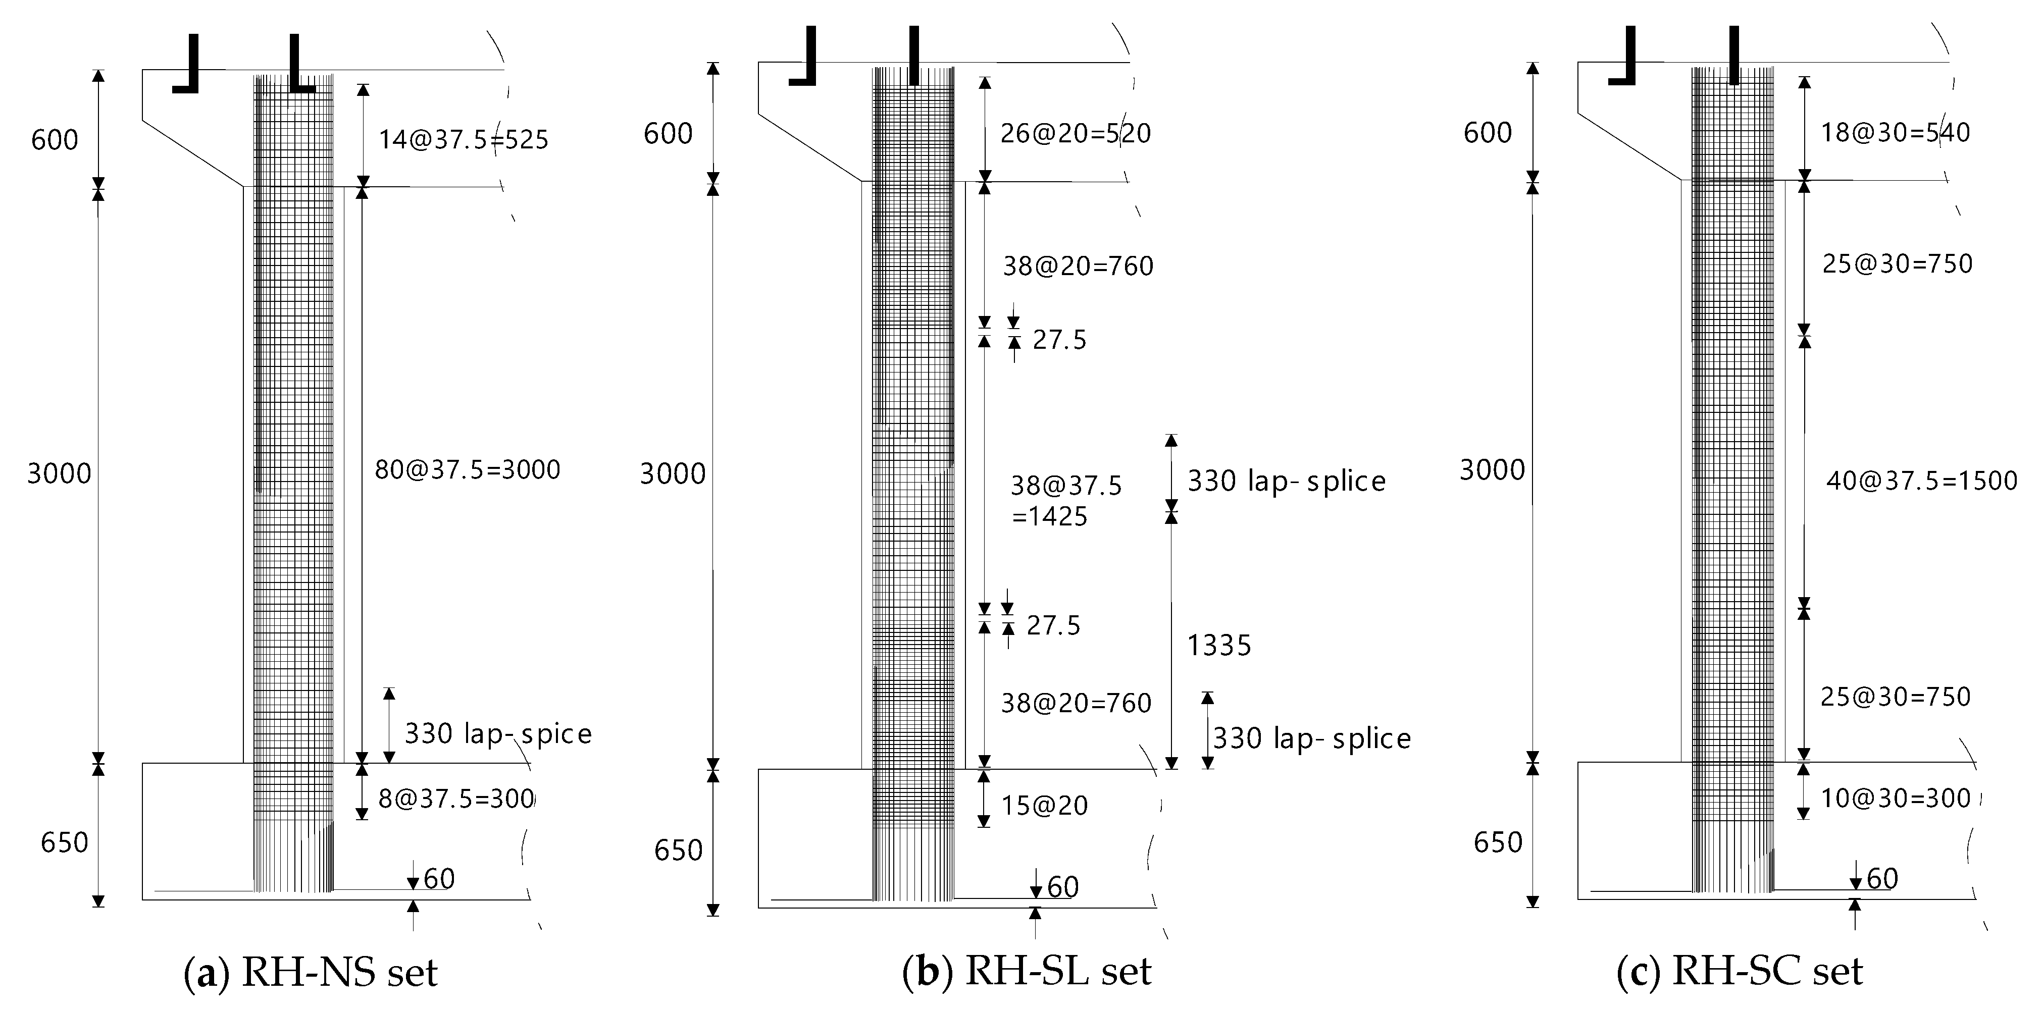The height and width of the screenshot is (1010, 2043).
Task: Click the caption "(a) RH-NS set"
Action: [311, 972]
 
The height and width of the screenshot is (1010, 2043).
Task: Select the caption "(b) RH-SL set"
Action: [1027, 972]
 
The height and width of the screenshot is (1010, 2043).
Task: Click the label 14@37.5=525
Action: [463, 140]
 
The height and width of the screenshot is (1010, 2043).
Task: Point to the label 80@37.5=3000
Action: [467, 470]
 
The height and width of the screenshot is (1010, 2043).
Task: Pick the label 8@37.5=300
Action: [456, 799]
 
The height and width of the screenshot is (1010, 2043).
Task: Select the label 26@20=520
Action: [1075, 133]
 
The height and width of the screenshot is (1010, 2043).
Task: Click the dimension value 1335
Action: [1219, 646]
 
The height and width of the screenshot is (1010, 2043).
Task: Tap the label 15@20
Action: [1045, 806]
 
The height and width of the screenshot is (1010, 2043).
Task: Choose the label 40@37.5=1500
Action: [1922, 481]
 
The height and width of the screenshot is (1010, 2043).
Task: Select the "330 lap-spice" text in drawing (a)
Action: [498, 733]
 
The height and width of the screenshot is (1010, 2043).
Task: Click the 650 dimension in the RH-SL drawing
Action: [678, 850]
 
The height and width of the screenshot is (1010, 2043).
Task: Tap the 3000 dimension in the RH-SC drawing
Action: [1492, 470]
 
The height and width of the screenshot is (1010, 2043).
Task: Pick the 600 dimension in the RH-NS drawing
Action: [55, 140]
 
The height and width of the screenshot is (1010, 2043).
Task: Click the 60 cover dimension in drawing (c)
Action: [1882, 878]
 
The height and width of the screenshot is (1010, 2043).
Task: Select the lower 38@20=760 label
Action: [1076, 703]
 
